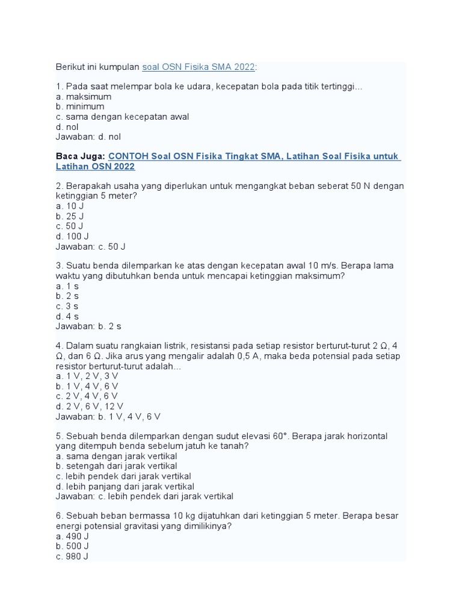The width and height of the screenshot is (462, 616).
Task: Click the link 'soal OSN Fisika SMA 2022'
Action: point(199,66)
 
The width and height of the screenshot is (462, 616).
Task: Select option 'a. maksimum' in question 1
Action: point(83,97)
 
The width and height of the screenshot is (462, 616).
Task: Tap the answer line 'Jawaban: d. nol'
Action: point(88,137)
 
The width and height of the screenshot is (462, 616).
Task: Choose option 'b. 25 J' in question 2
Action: point(69,216)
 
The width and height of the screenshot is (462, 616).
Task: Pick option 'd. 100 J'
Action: point(72,236)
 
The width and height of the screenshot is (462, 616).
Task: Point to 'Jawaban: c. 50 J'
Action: point(90,247)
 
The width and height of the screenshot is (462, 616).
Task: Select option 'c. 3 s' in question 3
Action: point(67,306)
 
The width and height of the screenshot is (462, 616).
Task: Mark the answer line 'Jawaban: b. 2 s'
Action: point(88,327)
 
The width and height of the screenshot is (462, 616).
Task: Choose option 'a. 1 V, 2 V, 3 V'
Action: point(87,376)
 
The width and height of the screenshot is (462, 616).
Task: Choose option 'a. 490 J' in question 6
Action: point(72,536)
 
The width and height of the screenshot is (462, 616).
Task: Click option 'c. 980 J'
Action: point(72,556)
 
